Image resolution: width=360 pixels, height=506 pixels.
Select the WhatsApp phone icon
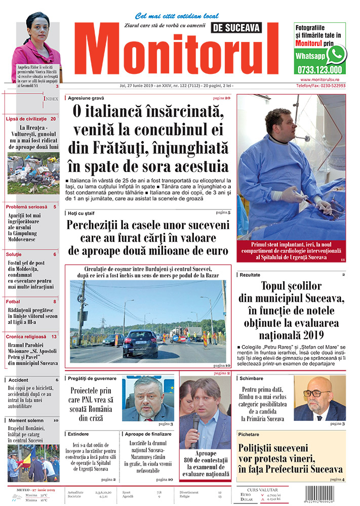336,54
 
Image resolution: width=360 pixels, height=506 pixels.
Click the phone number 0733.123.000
320,70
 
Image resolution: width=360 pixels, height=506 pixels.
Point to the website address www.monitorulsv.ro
323,79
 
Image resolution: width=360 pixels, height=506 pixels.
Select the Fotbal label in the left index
13,302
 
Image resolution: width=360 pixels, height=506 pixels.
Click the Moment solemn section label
25,420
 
